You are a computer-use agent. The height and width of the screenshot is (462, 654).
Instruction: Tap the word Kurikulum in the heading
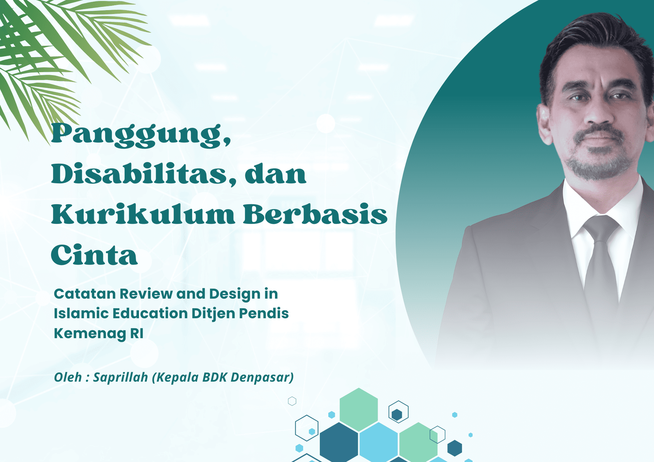143,214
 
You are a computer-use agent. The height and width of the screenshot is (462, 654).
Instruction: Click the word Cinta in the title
94,255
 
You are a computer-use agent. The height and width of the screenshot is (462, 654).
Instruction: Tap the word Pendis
264,313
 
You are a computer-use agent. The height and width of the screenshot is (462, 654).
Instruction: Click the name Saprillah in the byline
120,377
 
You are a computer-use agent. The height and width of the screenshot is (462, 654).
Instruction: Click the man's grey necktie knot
601,229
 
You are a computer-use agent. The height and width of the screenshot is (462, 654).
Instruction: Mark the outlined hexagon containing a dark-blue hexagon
398,412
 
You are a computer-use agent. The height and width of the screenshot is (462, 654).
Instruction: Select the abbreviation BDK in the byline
215,377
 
